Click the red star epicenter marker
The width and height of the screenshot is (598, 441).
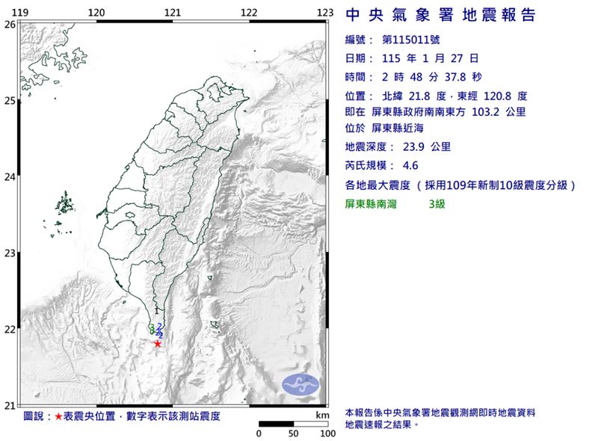pyautogui.click(x=158, y=344)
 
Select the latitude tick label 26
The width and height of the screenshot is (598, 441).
pyautogui.click(x=10, y=24)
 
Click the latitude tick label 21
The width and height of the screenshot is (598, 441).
pyautogui.click(x=10, y=406)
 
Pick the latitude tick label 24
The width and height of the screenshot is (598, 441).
pyautogui.click(x=10, y=177)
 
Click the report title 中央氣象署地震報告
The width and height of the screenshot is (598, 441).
pyautogui.click(x=441, y=16)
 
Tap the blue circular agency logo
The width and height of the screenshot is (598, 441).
pyautogui.click(x=300, y=384)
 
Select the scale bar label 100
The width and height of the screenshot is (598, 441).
pyautogui.click(x=326, y=434)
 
